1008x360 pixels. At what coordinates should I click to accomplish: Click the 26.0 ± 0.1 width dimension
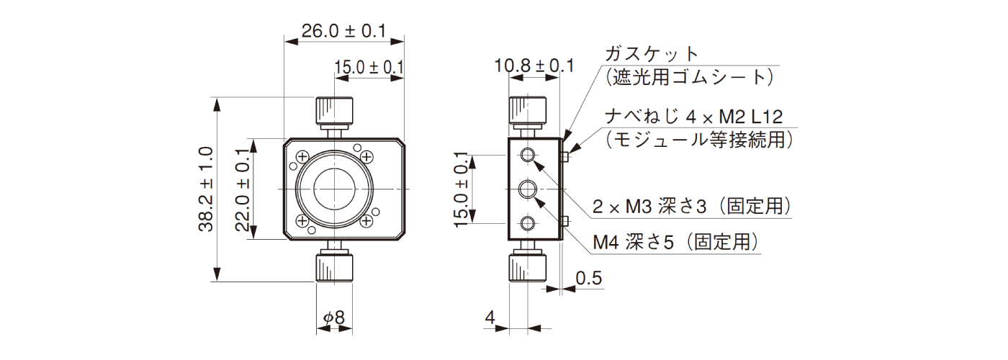[343, 31]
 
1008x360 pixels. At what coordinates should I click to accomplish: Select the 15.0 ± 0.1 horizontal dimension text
[368, 68]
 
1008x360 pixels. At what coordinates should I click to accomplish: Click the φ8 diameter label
[334, 317]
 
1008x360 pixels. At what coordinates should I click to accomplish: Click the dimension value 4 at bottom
[490, 317]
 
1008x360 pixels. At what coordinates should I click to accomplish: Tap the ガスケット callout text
[652, 54]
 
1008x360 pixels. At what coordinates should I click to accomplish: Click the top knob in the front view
[334, 110]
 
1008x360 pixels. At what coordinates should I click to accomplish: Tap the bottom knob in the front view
[334, 267]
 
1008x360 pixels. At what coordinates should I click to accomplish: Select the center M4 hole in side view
[529, 189]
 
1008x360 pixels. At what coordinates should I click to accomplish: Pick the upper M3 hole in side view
[529, 156]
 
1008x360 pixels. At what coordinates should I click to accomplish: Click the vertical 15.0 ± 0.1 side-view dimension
[462, 189]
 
